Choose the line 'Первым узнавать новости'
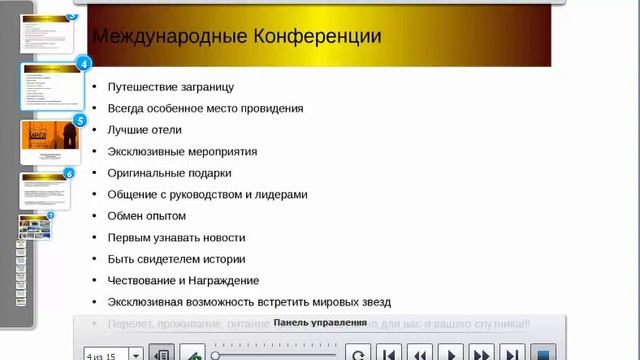(x=176, y=238)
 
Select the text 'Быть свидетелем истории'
(x=176, y=259)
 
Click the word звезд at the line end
(x=374, y=302)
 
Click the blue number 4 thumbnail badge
(x=84, y=63)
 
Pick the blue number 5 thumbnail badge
(x=80, y=120)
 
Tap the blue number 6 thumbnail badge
(x=69, y=173)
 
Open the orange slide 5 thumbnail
(x=50, y=141)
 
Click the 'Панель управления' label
(x=319, y=323)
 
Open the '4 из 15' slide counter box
(x=113, y=353)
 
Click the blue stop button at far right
(x=544, y=353)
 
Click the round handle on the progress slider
(x=216, y=354)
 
